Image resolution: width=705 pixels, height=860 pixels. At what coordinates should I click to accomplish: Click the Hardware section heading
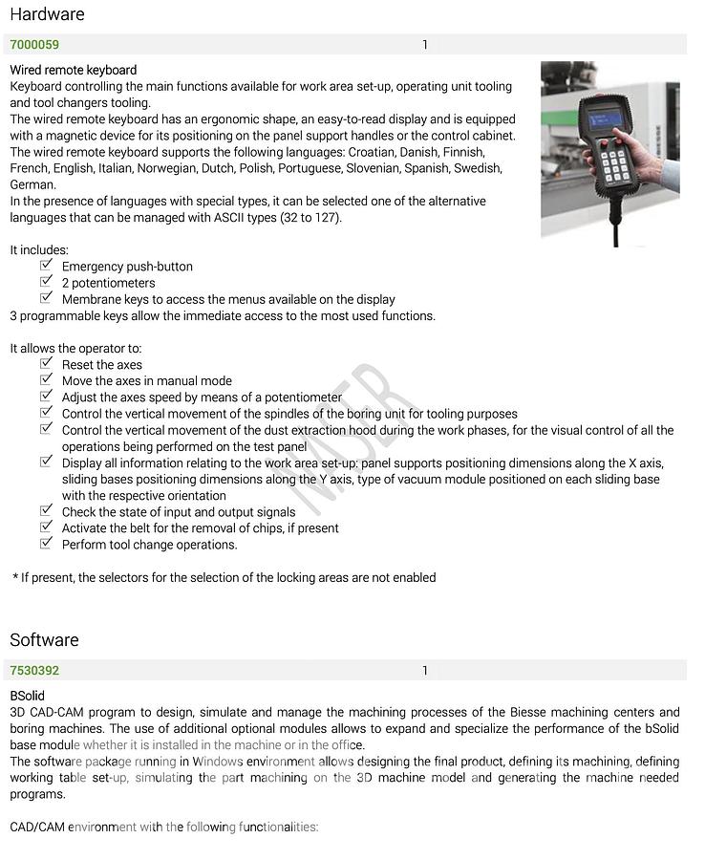pyautogui.click(x=47, y=14)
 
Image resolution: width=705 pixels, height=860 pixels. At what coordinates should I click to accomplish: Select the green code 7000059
pyautogui.click(x=34, y=45)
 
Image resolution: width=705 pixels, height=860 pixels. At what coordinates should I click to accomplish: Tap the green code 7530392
pyautogui.click(x=34, y=671)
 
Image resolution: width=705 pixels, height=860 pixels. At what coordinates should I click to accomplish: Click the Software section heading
pyautogui.click(x=44, y=640)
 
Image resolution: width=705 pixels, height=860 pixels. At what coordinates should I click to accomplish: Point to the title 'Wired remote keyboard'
pyautogui.click(x=74, y=70)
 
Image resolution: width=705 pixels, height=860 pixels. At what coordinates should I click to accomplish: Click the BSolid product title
pyautogui.click(x=27, y=696)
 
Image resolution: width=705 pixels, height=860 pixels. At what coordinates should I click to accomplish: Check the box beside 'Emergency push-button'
pyautogui.click(x=46, y=266)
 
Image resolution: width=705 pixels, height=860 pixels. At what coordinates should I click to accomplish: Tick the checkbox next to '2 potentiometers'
pyautogui.click(x=46, y=282)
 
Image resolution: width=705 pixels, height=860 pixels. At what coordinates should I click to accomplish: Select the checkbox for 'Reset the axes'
pyautogui.click(x=46, y=364)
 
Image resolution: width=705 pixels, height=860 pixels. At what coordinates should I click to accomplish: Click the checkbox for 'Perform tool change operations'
pyautogui.click(x=46, y=544)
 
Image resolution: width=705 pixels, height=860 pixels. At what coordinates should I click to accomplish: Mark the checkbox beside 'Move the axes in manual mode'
pyautogui.click(x=46, y=380)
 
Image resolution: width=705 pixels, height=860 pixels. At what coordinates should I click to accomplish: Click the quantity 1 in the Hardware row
pyautogui.click(x=425, y=45)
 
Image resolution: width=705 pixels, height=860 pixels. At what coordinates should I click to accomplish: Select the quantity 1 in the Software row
pyautogui.click(x=425, y=671)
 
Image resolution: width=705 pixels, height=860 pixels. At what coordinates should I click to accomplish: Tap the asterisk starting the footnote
pyautogui.click(x=15, y=577)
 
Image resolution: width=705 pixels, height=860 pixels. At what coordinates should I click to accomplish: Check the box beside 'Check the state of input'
pyautogui.click(x=46, y=511)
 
